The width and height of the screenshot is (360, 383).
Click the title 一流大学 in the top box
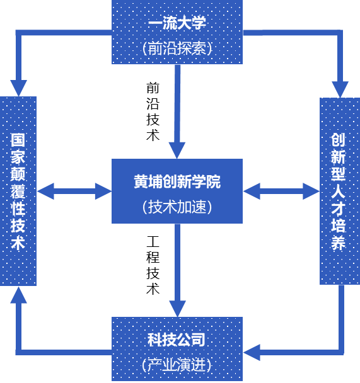pos(177,23)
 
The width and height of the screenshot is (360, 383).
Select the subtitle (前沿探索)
pos(177,48)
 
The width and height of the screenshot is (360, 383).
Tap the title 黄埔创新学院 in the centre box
pos(177,182)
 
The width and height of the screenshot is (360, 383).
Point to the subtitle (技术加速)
pos(177,207)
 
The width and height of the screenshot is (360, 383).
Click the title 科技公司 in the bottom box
pos(176,340)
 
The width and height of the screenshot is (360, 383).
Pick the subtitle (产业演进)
pos(176,365)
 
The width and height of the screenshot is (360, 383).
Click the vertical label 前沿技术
pos(153,112)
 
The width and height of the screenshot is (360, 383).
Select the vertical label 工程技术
pos(153,265)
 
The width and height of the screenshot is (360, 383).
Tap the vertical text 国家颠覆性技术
pos(18,191)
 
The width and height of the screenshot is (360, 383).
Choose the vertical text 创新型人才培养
pos(338,191)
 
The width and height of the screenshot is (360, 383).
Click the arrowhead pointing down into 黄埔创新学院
pos(177,151)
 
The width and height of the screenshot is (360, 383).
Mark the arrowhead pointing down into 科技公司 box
pos(177,309)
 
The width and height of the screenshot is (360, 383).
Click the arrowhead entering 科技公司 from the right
pos(252,353)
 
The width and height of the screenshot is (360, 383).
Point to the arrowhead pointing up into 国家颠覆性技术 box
pos(18,295)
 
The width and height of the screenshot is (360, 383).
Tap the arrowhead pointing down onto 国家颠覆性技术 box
pos(18,88)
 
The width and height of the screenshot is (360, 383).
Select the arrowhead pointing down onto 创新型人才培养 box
pos(340,89)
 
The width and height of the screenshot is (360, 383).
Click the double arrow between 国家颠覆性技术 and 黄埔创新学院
pos(74,191)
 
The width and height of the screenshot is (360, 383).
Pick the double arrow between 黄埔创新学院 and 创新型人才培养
pos(281,191)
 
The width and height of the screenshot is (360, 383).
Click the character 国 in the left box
pos(18,140)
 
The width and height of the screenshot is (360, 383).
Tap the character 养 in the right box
pos(338,243)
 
